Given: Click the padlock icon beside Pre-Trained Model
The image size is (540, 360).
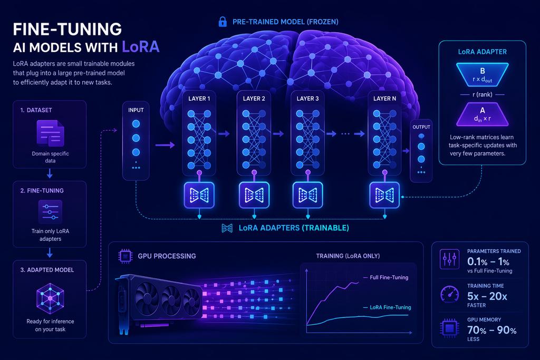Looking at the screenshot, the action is [223, 22].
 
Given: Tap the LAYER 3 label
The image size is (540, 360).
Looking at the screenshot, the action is [307, 99].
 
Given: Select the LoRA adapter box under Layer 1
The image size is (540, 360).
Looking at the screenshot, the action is [199, 195].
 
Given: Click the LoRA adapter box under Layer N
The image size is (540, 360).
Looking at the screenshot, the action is [384, 195].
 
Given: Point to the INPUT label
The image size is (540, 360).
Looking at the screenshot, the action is [136, 110].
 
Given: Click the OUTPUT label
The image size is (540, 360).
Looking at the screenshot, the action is [421, 127].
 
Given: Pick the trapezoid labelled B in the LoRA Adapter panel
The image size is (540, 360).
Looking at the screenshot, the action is [482, 75].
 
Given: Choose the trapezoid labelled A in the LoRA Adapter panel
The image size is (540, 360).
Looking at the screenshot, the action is [482, 114].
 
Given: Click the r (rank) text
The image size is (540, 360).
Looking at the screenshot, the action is [482, 94].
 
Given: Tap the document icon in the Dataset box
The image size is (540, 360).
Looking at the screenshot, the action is [50, 133].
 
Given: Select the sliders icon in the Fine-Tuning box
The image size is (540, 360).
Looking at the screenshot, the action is [50, 212].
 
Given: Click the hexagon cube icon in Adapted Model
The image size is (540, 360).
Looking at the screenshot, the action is [50, 298].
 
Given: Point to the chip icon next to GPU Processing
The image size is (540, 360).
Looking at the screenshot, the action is [126, 256].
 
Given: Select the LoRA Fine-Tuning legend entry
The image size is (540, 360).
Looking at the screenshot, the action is [387, 307].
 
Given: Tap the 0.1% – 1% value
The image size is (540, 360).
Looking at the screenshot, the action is [488, 261].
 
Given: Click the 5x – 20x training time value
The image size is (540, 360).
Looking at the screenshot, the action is [487, 296].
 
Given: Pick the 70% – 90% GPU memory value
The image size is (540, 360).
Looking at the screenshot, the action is [492, 330].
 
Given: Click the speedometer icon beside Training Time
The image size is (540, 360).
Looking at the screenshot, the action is [449, 294].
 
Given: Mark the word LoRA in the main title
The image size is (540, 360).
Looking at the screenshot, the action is [140, 47].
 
